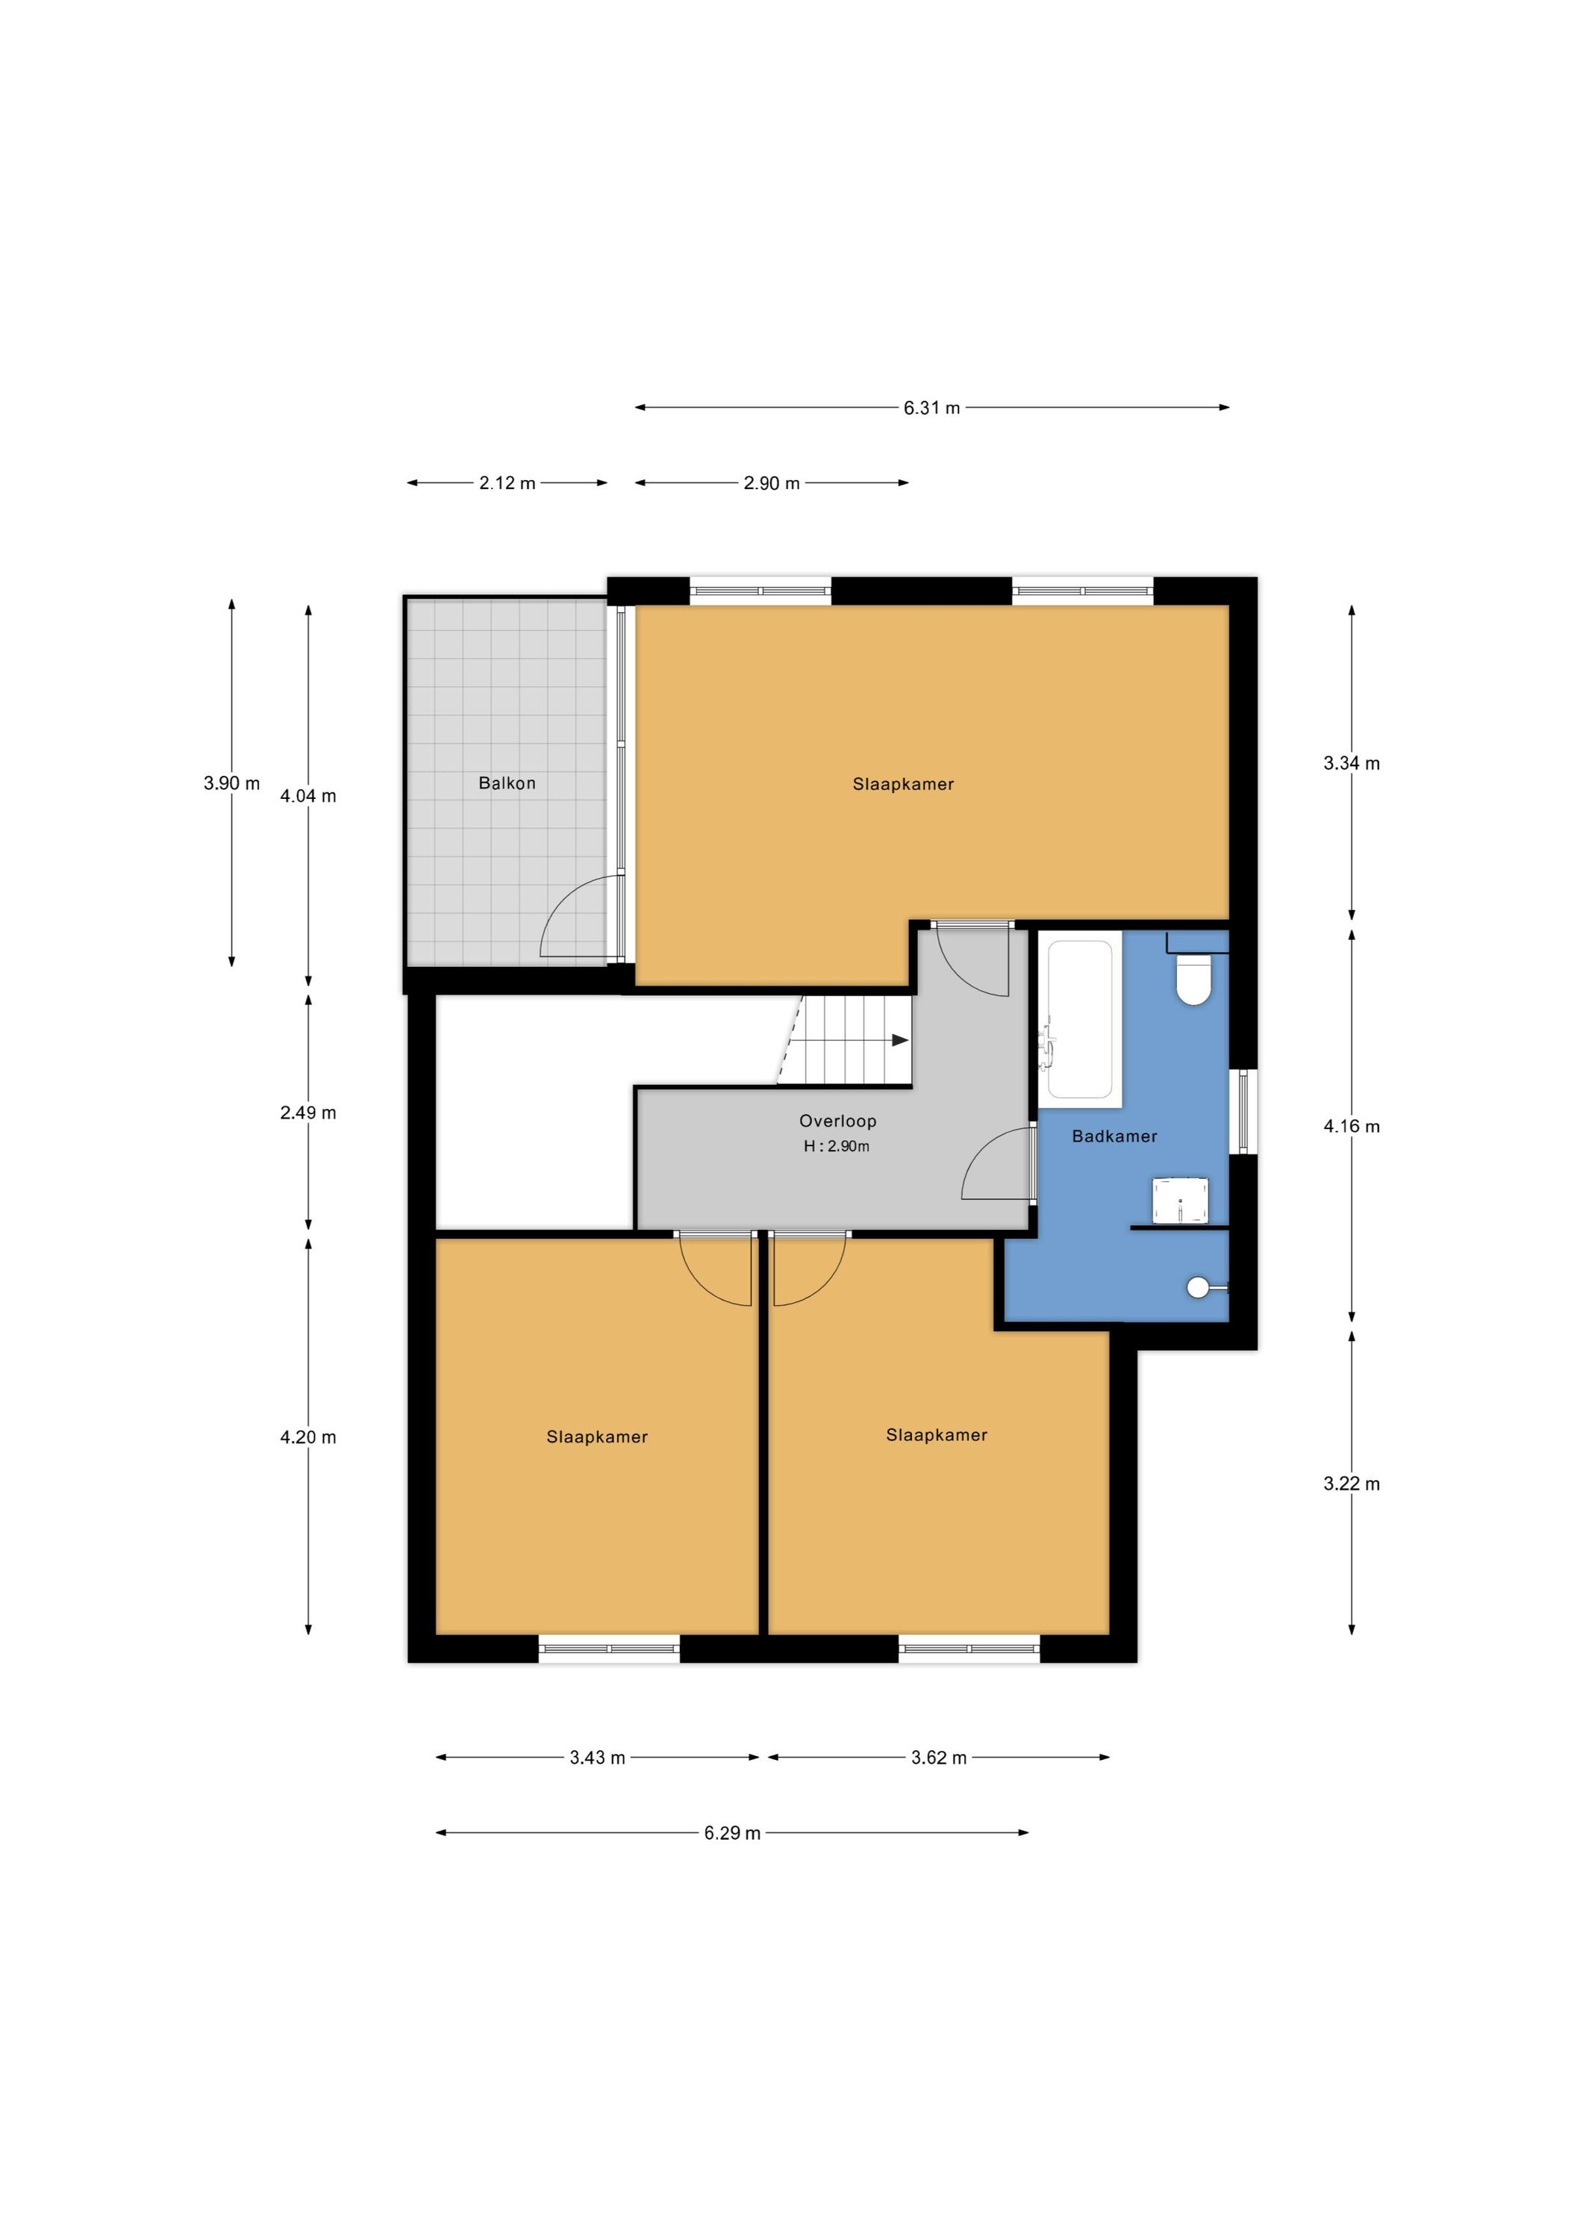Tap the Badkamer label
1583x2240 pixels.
(x=1114, y=1136)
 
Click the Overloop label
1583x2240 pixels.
(x=837, y=1121)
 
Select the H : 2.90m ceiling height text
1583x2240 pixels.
(x=836, y=1146)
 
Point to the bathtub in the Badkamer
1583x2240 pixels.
(x=1080, y=1019)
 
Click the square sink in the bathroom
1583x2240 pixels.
(x=1180, y=1199)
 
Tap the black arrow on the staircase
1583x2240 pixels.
(x=899, y=1040)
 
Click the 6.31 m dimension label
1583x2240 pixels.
(x=931, y=408)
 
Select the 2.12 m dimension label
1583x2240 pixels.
(x=508, y=483)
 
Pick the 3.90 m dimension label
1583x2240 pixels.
(x=231, y=783)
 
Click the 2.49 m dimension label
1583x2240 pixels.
(x=308, y=1113)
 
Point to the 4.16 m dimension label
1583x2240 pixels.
(x=1351, y=1126)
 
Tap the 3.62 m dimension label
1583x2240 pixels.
(x=938, y=1757)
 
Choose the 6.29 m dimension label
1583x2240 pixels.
(x=731, y=1833)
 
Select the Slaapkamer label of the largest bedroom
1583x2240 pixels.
(x=902, y=783)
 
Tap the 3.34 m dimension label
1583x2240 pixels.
(x=1351, y=763)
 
